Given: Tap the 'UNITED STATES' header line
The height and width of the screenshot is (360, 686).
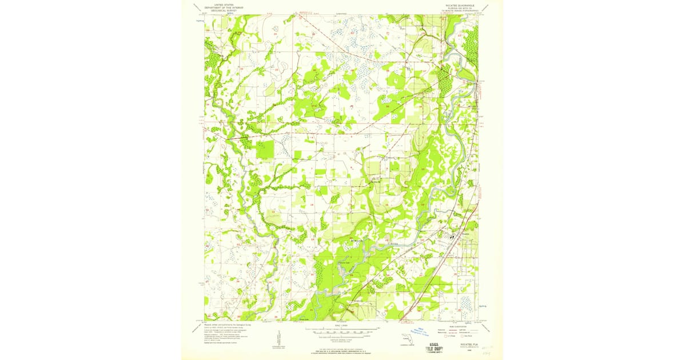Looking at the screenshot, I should [x=224, y=3].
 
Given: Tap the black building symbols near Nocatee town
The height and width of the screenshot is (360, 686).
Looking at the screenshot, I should [x=452, y=234].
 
